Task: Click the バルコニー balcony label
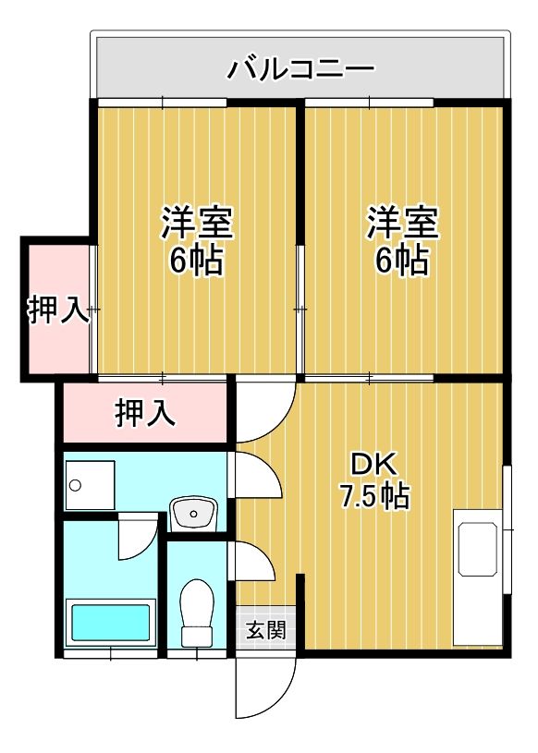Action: [300, 69]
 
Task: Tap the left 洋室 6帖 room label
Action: [197, 240]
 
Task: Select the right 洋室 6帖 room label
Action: [402, 240]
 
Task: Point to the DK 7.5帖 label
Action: [374, 480]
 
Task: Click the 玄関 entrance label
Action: [266, 629]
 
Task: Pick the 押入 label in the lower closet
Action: [145, 413]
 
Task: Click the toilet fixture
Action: [197, 613]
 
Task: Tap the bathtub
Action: [111, 623]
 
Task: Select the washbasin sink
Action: [194, 514]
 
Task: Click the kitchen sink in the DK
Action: [478, 549]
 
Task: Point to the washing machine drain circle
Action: [75, 484]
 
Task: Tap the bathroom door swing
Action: [138, 537]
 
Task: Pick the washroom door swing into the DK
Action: [256, 475]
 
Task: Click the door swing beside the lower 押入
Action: [265, 409]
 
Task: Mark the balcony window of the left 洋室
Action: [162, 103]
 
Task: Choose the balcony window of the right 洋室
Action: [369, 103]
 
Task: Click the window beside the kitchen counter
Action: [507, 529]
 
